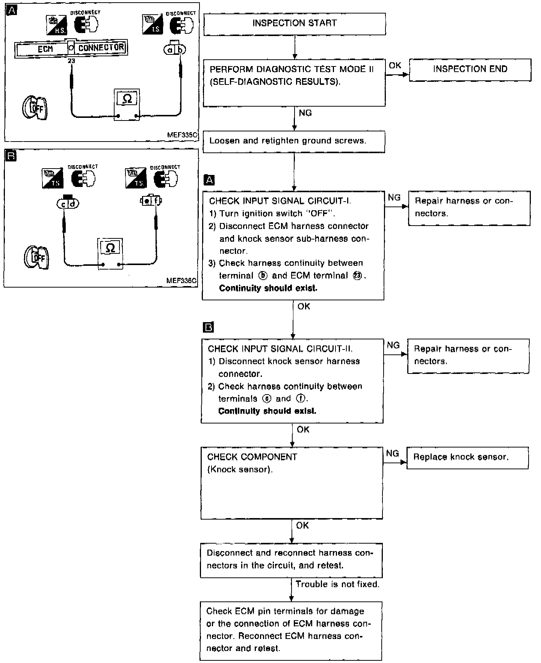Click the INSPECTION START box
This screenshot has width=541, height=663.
tap(295, 24)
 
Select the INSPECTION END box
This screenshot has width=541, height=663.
tap(470, 69)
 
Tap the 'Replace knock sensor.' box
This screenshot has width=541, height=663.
tap(467, 457)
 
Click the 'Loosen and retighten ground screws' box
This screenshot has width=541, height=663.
tap(294, 141)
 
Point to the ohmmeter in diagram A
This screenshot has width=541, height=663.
tap(127, 105)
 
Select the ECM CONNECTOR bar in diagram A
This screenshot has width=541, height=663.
tap(71, 48)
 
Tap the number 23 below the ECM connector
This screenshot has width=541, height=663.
tap(71, 61)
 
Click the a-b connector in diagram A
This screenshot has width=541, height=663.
tap(175, 49)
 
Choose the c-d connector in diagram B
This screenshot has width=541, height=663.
tap(68, 203)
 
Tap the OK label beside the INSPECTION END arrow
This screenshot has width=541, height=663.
tap(395, 65)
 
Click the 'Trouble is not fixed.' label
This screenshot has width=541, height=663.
tap(337, 584)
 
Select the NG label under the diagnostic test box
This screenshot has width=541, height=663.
tap(305, 113)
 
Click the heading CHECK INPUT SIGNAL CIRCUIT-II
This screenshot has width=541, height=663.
tap(280, 349)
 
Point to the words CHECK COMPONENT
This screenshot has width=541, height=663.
tap(252, 457)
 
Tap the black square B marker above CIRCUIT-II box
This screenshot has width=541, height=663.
tap(208, 327)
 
